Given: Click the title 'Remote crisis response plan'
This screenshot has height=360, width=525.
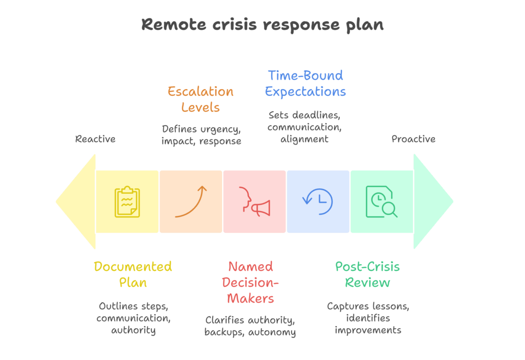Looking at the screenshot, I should pyautogui.click(x=262, y=25).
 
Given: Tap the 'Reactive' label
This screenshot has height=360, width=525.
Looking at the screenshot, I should pyautogui.click(x=95, y=139).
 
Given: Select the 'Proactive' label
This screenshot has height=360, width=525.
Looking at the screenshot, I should pyautogui.click(x=413, y=139).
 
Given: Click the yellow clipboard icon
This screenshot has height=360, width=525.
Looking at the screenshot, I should pyautogui.click(x=127, y=202).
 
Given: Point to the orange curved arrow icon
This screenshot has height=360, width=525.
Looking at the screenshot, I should pyautogui.click(x=191, y=202).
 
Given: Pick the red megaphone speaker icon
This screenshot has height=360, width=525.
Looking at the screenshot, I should pyautogui.click(x=254, y=202).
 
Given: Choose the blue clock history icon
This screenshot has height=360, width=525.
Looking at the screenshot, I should pyautogui.click(x=318, y=202).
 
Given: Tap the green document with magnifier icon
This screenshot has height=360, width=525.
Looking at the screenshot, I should pyautogui.click(x=381, y=202).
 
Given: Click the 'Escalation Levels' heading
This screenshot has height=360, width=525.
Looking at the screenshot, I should pyautogui.click(x=200, y=99).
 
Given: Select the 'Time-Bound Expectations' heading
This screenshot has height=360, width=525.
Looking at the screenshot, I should pyautogui.click(x=305, y=84).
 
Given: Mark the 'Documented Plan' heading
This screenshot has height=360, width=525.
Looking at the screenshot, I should pyautogui.click(x=133, y=274).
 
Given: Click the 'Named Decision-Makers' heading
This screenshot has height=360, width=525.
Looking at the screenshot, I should pyautogui.click(x=250, y=282).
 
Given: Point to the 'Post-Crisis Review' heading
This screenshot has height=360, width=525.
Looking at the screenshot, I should pyautogui.click(x=367, y=274).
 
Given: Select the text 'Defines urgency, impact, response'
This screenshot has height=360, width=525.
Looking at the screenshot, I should pyautogui.click(x=201, y=135).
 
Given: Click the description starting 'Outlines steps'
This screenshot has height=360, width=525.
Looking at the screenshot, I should pyautogui.click(x=133, y=318).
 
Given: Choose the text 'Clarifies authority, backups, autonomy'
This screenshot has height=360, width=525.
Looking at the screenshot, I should pyautogui.click(x=250, y=326).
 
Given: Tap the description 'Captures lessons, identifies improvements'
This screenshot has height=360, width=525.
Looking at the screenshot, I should pyautogui.click(x=368, y=318).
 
